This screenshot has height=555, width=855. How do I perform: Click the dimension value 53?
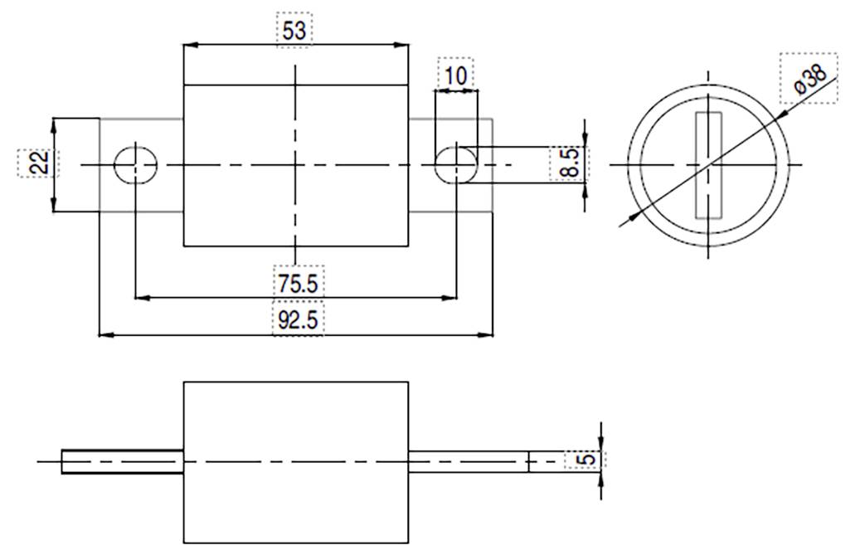[294, 31]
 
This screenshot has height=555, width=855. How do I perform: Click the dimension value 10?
[455, 75]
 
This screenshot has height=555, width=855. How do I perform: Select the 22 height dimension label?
[36, 163]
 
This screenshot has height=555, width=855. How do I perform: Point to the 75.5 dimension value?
[297, 283]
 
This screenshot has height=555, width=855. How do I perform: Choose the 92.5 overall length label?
[297, 320]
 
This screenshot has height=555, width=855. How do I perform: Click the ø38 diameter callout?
[809, 79]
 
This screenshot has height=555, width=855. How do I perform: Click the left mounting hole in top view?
[135, 165]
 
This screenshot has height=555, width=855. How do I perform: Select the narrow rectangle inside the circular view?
[707, 165]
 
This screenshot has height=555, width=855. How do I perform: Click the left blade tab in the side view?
[122, 461]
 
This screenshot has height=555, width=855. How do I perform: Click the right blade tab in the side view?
[468, 461]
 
